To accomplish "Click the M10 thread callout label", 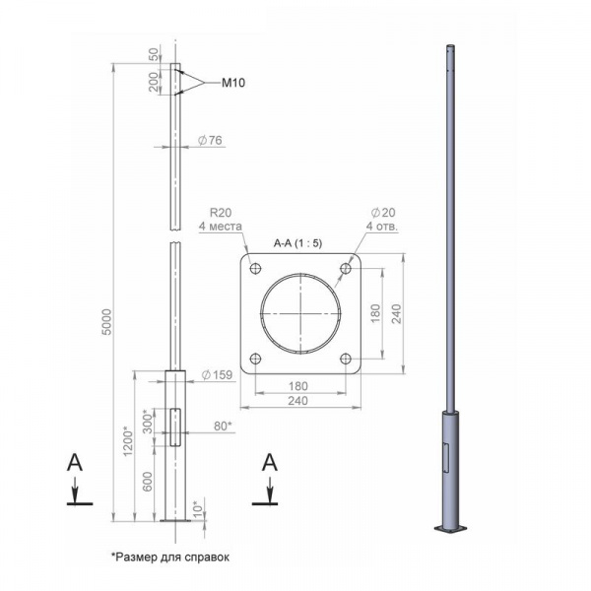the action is (233, 83).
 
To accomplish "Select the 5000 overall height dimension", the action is (107, 322).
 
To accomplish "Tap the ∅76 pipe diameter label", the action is (210, 140).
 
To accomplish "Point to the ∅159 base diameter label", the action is (217, 375).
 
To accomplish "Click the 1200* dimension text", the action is (128, 441).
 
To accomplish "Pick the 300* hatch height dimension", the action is (149, 421).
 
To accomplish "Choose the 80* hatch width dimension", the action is (223, 426).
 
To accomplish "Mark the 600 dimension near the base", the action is (148, 482).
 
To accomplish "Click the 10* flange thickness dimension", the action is (198, 507).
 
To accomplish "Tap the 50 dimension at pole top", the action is (155, 54).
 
